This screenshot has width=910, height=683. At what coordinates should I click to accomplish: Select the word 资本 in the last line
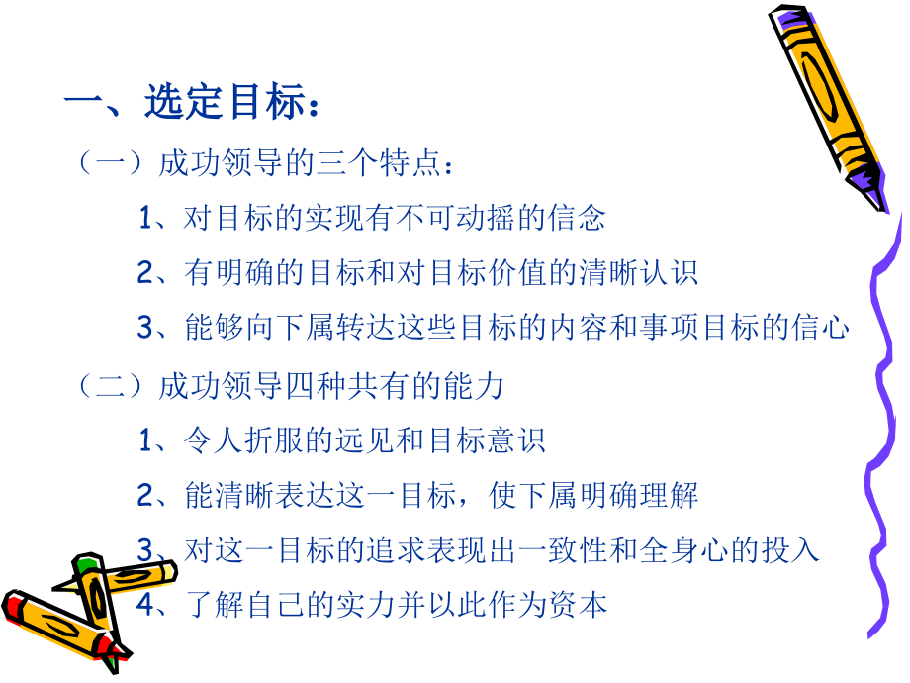[x=583, y=605]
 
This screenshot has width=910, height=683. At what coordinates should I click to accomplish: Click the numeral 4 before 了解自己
[x=144, y=605]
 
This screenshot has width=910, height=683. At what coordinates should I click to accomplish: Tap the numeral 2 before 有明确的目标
[x=144, y=273]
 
